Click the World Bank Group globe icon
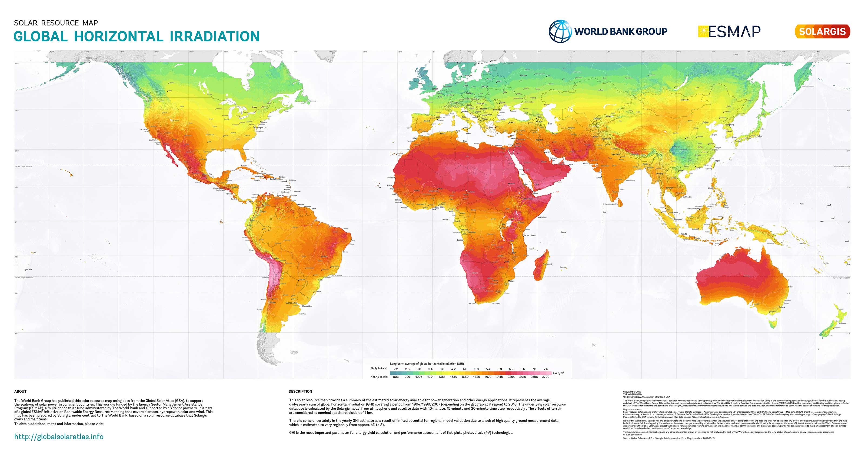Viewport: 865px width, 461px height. point(560,31)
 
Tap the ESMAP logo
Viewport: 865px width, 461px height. point(729,32)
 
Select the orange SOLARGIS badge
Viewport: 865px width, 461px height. point(822,32)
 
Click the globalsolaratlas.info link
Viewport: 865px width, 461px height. point(59,436)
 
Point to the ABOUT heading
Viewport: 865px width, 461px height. point(20,392)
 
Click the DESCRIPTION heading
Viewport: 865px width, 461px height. point(300,392)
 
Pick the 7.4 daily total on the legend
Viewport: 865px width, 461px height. point(546,369)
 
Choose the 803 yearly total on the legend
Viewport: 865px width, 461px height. point(396,377)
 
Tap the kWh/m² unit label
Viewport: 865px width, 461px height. point(558,373)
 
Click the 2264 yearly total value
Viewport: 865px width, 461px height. point(511,377)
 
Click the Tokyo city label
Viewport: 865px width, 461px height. point(760,136)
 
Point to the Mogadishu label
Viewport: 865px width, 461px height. point(542,218)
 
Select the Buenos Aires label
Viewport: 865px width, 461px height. point(291,303)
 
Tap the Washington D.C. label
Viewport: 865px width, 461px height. point(260,128)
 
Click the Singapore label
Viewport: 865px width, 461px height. point(678,219)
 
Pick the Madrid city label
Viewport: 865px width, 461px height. point(427,121)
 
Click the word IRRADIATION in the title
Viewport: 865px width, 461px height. point(215,36)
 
